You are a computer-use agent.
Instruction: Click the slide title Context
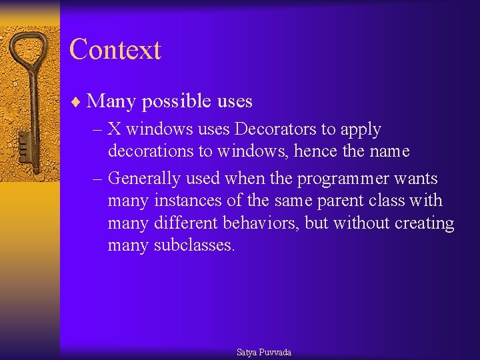coord(115,50)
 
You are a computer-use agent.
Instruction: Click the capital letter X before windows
coord(114,129)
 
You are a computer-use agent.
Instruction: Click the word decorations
coord(150,151)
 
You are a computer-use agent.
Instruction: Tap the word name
coord(387,152)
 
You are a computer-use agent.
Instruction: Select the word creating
coord(424,224)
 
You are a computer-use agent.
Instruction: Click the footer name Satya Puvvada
coord(264,352)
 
